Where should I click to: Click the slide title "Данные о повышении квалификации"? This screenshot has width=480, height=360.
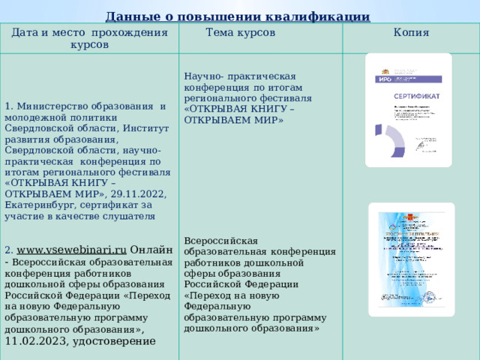237,16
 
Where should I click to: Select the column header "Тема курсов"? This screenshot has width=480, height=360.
240,33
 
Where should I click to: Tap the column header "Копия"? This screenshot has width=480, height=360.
411,33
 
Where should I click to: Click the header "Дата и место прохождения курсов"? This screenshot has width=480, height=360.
89,39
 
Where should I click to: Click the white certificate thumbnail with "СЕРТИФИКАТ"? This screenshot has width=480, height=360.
408,110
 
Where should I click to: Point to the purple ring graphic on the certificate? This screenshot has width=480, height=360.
391,141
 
